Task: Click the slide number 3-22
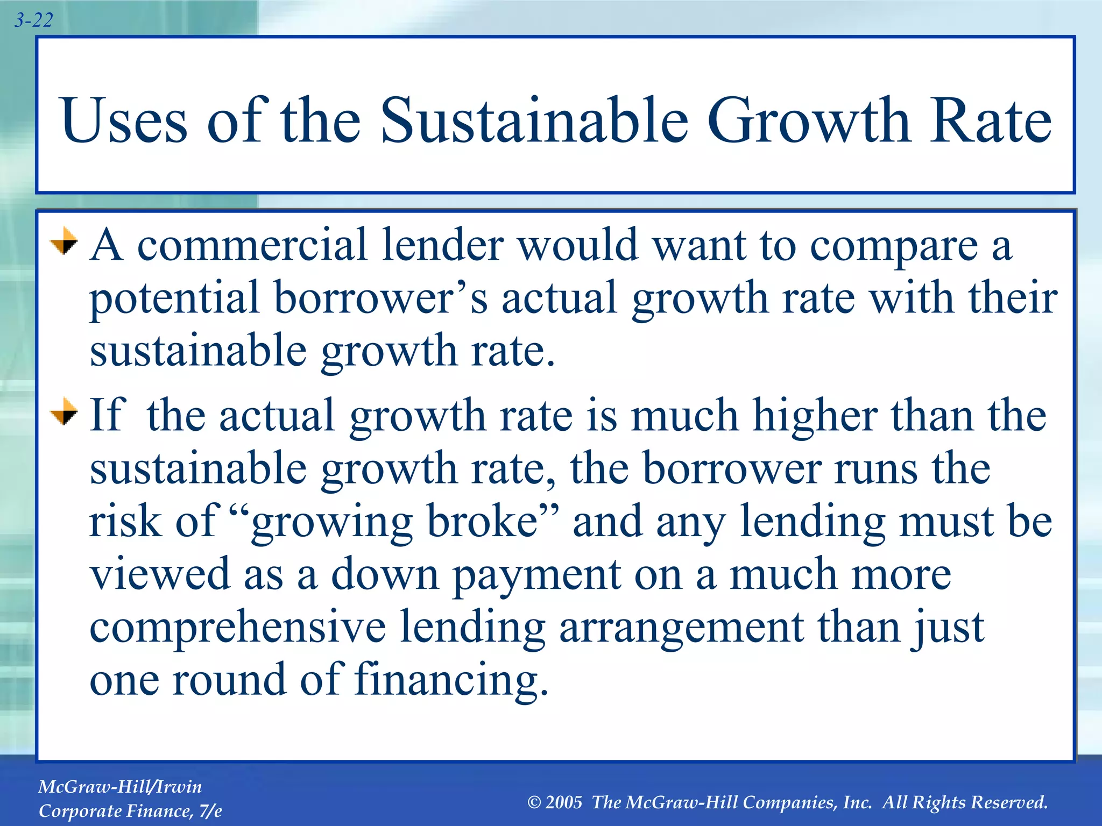[33, 20]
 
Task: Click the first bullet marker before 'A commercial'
[64, 241]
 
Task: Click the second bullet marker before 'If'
[64, 411]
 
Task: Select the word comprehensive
[237, 628]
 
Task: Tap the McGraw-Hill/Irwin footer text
[120, 787]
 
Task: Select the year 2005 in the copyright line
[563, 802]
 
